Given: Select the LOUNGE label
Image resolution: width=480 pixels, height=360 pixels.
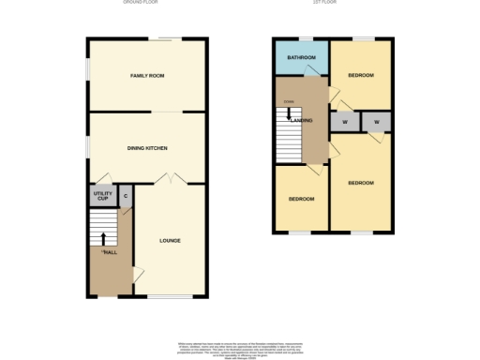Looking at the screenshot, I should (x=170, y=241).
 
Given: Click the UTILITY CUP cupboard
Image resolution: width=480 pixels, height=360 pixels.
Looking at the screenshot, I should (x=101, y=197).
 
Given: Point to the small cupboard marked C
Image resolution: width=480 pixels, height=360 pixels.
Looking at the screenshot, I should (x=126, y=197).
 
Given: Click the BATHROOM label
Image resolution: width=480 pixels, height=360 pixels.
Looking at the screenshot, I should (x=300, y=57).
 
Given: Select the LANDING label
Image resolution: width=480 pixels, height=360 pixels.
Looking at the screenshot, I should (x=302, y=121).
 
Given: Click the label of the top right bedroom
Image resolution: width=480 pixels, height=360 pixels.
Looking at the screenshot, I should (x=361, y=75).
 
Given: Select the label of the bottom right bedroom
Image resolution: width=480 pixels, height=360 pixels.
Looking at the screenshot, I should (x=361, y=184).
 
